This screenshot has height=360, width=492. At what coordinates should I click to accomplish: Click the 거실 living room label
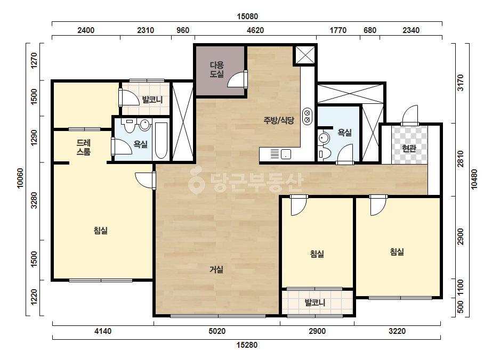pyautogui.click(x=216, y=269)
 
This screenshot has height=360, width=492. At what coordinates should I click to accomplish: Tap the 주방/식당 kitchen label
pyautogui.click(x=279, y=120)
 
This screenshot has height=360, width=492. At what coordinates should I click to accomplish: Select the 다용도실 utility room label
pyautogui.click(x=217, y=70)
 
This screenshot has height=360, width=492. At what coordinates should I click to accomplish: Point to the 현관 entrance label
pyautogui.click(x=409, y=149)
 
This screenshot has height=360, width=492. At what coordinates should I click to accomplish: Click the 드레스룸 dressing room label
pyautogui.click(x=84, y=148)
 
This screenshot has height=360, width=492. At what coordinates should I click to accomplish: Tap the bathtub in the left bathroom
pyautogui.click(x=162, y=140)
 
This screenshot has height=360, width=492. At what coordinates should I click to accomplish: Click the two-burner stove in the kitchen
pyautogui.click(x=307, y=116)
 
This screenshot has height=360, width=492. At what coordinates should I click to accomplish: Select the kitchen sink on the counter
pyautogui.click(x=286, y=154)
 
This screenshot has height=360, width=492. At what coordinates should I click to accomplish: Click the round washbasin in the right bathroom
pyautogui.click(x=324, y=138)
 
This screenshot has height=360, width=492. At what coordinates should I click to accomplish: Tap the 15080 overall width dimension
pyautogui.click(x=247, y=17)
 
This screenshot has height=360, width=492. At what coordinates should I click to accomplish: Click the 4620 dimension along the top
pyautogui.click(x=255, y=30)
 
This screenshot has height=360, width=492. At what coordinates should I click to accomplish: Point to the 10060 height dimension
pyautogui.click(x=20, y=178)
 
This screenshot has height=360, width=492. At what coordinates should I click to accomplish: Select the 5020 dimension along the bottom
pyautogui.click(x=217, y=331)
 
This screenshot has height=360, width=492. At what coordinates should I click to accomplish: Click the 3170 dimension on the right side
pyautogui.click(x=461, y=83)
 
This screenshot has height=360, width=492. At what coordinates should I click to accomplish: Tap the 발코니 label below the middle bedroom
pyautogui.click(x=315, y=303)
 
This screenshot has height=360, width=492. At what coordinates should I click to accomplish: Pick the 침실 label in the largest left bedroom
pyautogui.click(x=101, y=231)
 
